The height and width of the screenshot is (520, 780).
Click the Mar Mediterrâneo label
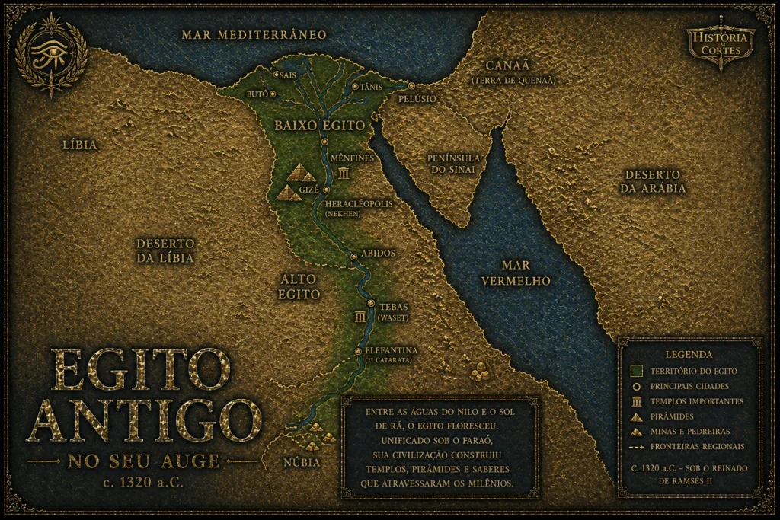click(254, 35)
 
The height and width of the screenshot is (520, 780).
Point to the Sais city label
click(289, 75)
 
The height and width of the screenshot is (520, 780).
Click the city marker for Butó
click(273, 94)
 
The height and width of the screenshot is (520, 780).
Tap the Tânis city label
click(370, 87)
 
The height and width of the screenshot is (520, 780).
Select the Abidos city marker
click(353, 257)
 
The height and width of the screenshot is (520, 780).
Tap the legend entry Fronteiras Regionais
click(697, 446)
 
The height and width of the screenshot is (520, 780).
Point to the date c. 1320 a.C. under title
click(144, 481)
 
